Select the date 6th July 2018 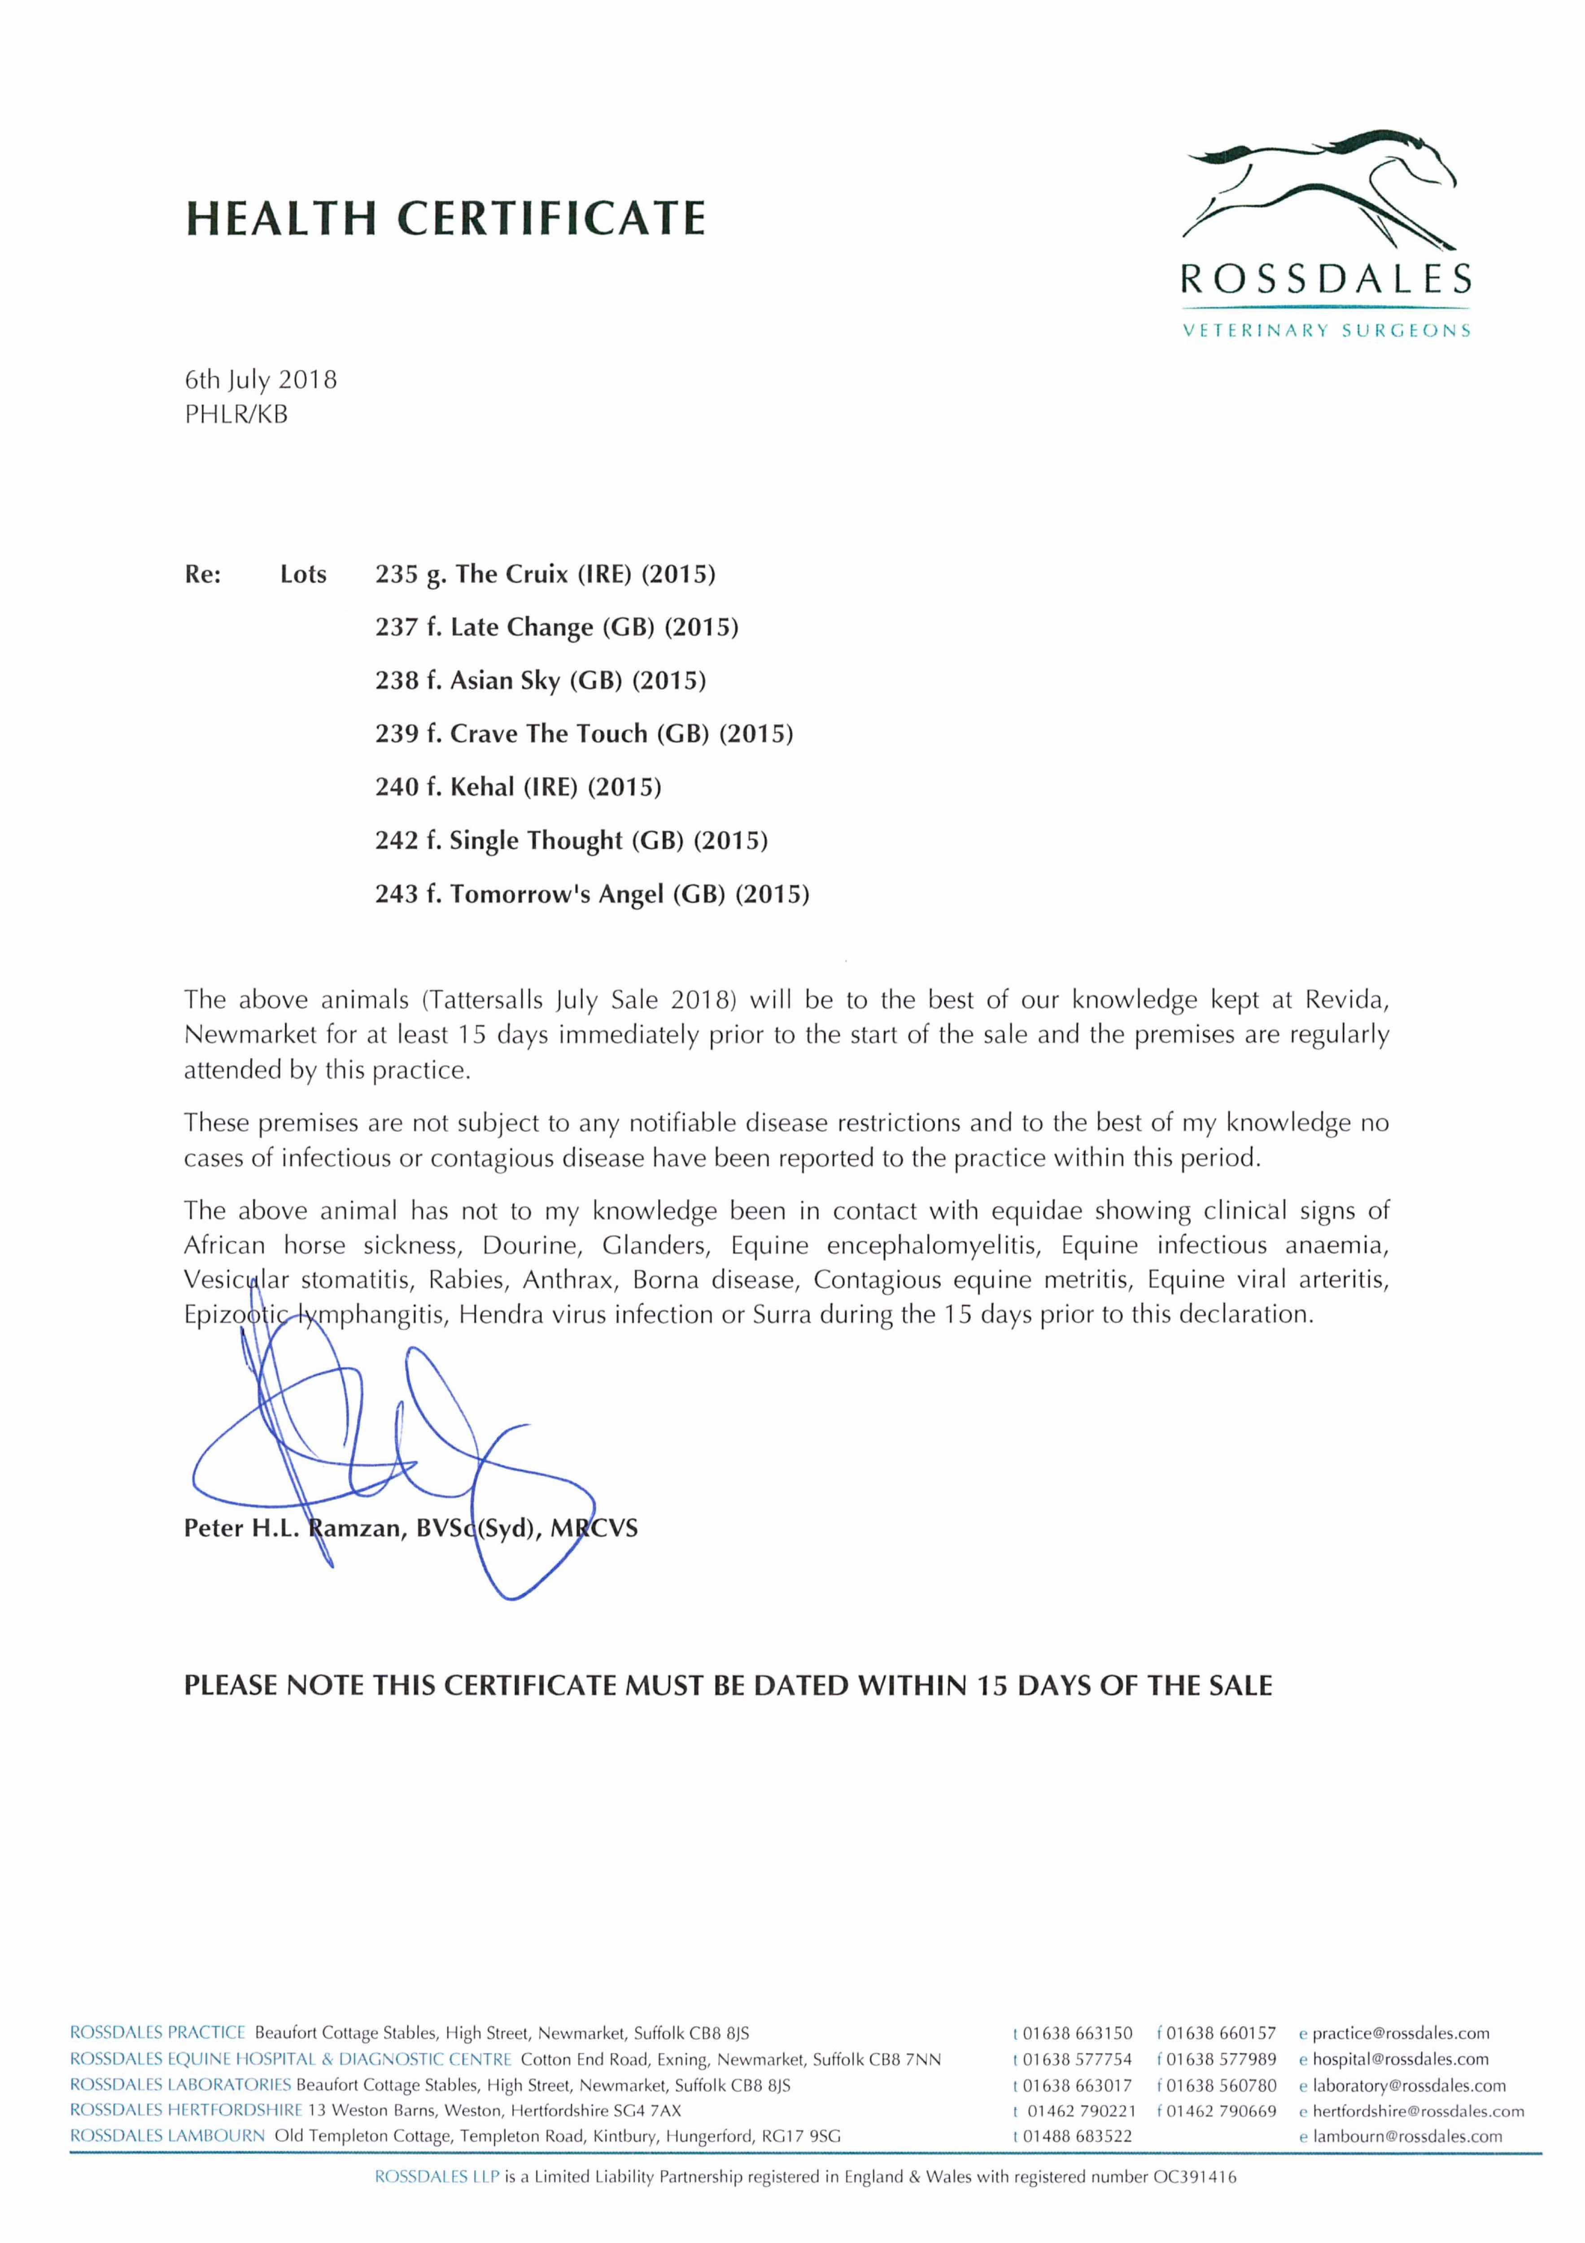(x=261, y=380)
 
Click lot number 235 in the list (x=396, y=574)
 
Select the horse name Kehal (x=482, y=787)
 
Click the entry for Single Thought (x=536, y=841)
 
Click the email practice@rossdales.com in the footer (x=1399, y=2034)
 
